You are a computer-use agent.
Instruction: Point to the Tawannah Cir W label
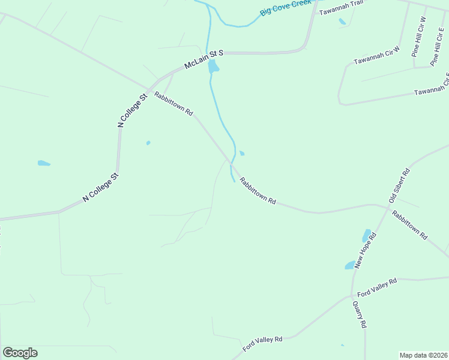pos(376,56)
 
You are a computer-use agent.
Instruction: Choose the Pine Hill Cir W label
pos(418,37)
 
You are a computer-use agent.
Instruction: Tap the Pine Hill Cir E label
pos(437,46)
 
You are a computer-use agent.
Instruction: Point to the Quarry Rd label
pos(359,314)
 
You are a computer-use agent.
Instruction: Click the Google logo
pos(20,353)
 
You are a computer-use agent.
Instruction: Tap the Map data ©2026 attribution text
pos(423,355)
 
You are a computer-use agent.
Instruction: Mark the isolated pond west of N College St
pos(44,163)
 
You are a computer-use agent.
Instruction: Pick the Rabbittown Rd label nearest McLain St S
pos(173,104)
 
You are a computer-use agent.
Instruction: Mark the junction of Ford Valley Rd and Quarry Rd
pos(352,295)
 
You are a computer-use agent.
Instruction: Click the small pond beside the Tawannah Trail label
pos(342,22)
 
